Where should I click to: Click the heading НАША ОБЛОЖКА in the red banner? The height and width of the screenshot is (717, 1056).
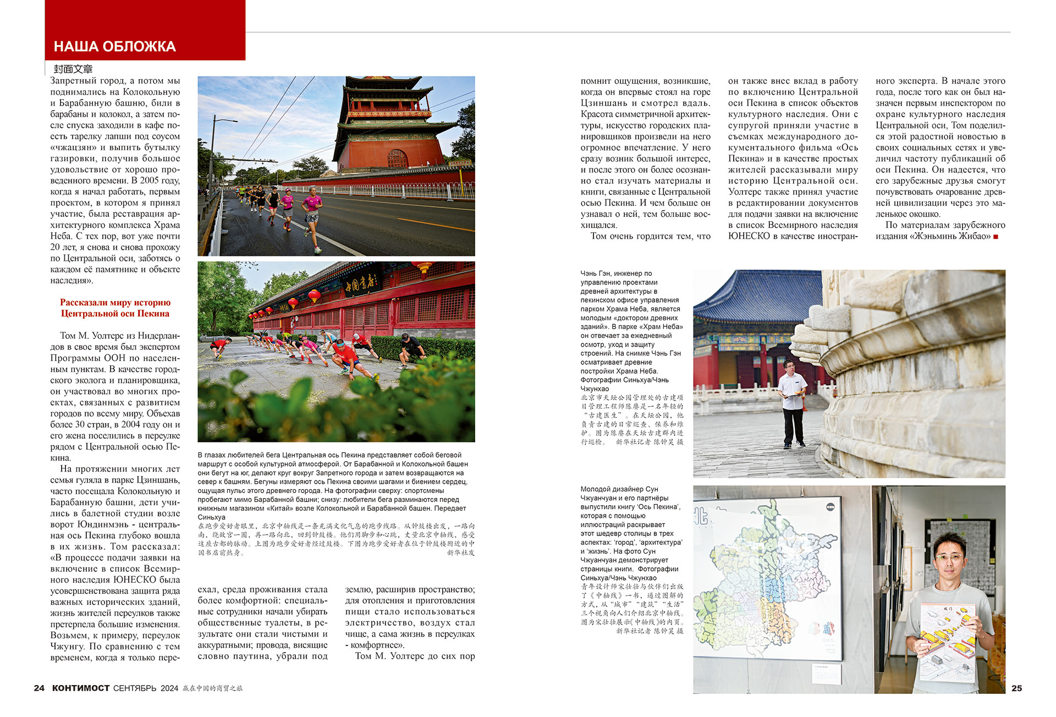point(114,47)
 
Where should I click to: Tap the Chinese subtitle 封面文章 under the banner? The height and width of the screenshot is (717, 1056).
point(73,69)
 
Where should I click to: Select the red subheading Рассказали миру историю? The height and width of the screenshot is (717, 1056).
point(115,303)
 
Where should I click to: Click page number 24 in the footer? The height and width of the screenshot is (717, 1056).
point(39,688)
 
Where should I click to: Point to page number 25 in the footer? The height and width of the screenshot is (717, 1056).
point(1016,688)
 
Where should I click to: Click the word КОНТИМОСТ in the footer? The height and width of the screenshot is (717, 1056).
point(81,688)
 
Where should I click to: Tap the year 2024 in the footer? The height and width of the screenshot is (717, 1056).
point(169,688)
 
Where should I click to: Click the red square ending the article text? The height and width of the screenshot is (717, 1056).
point(996,237)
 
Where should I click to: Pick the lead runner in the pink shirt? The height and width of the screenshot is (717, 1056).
point(312,212)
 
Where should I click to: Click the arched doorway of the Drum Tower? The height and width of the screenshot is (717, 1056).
point(397,158)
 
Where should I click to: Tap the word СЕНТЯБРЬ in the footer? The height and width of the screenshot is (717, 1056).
point(135,688)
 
